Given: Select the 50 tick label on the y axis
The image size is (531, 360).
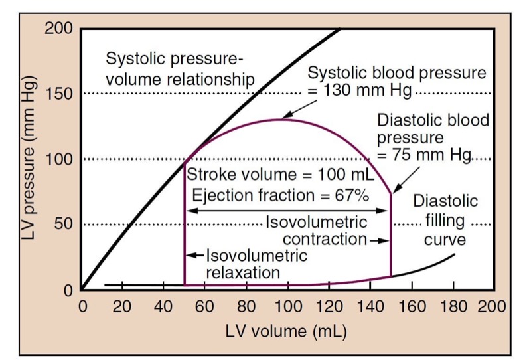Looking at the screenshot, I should tap(65, 225).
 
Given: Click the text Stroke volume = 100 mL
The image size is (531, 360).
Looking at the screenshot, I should tap(279, 176).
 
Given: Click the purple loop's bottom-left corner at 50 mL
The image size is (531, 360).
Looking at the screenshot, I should tap(185, 285).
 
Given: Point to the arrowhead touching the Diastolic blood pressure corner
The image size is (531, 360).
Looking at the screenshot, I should tap(394, 191).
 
